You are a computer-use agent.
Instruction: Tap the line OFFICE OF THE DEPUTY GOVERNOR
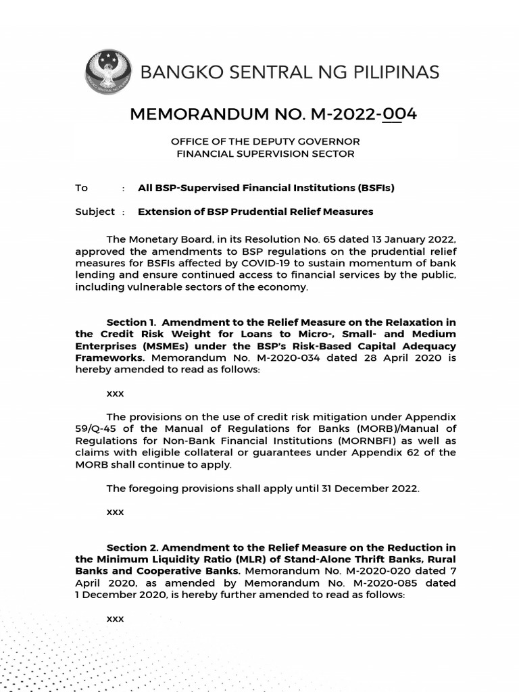tap(265, 141)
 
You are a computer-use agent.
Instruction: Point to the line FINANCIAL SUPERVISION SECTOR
tap(265, 154)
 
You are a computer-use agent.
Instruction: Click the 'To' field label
tap(81, 188)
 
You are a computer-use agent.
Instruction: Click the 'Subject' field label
tap(95, 212)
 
